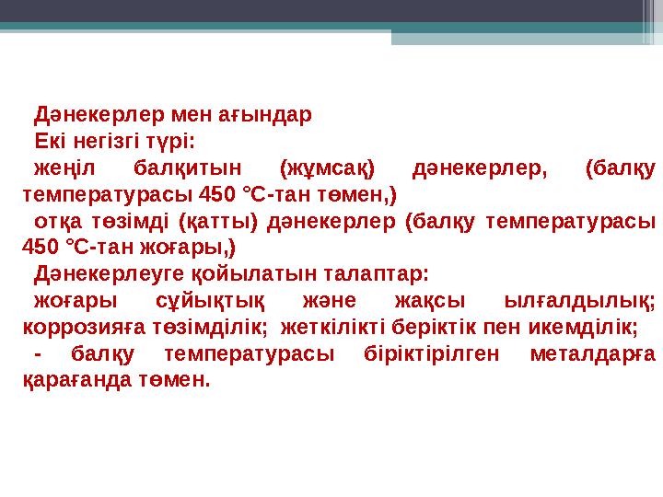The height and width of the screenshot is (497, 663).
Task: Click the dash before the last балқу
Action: [x=37, y=353]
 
